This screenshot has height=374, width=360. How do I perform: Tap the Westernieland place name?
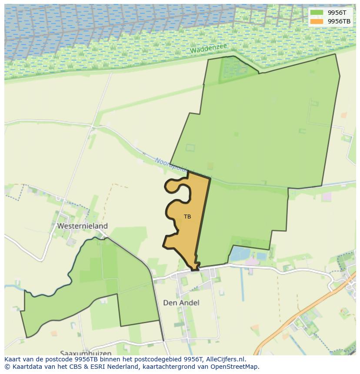click(82, 226)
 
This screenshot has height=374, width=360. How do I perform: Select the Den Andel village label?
click(181, 303)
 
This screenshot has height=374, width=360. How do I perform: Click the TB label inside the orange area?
click(187, 217)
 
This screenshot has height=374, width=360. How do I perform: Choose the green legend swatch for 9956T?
click(317, 13)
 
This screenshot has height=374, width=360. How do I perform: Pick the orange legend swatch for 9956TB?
click(317, 21)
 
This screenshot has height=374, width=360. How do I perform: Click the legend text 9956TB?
click(339, 21)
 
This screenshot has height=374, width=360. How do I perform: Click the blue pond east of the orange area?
click(240, 254)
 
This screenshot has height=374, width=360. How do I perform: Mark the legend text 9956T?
click(337, 13)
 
